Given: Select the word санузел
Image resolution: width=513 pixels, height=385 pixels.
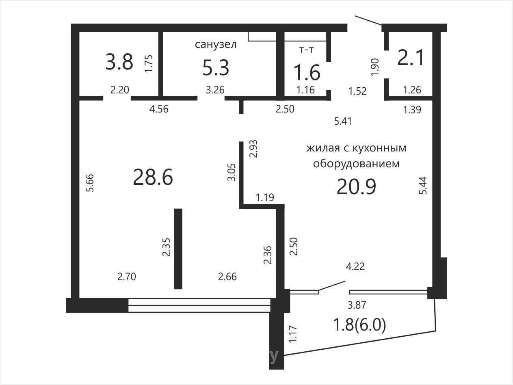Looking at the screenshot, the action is coord(216,44).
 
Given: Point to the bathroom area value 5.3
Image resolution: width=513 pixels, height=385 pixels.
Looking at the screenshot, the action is coord(216,68).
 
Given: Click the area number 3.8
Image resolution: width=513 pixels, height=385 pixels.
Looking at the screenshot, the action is coord(119,62).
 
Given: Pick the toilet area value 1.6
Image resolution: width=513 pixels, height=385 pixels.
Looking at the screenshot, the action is coord(307,72).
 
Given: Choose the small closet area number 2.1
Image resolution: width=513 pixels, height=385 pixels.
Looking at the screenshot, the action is coord(410,58).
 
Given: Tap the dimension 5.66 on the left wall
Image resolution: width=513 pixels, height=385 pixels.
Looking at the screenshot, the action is coord(90,183).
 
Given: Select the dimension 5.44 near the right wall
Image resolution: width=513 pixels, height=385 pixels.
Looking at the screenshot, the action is coord(423,186).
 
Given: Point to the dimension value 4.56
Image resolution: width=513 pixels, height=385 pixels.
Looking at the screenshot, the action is coord(159,109).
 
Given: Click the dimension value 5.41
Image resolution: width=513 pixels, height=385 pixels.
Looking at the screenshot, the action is coord(343,121).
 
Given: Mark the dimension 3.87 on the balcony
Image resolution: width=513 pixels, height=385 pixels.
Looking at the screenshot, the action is coord(357,305).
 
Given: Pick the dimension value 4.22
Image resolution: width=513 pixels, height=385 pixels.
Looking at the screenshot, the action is coord(355,266).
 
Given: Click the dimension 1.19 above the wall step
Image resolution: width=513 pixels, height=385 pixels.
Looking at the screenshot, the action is coord(265,197).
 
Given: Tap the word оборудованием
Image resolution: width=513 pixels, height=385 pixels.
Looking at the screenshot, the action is coord(356,164).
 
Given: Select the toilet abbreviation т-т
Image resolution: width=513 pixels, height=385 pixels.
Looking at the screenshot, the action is coord(306,50).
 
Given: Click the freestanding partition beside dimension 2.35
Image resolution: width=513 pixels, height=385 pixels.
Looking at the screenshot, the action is coord(178,249).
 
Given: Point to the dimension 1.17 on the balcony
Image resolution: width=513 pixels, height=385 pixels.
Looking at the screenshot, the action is coord(293,334).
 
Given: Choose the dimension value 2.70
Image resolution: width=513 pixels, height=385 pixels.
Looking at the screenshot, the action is coord(126,277).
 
